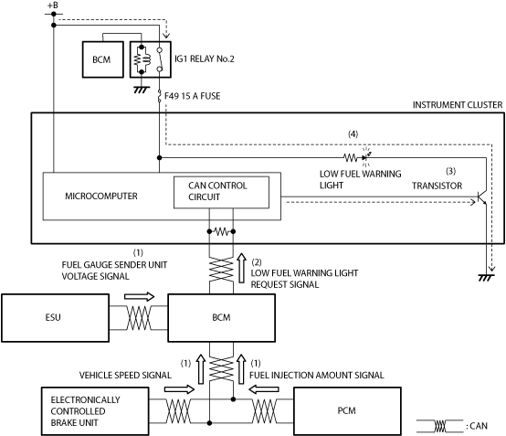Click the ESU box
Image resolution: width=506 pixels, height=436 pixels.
coord(55,317)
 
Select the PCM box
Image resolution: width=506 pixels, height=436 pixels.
coord(347,410)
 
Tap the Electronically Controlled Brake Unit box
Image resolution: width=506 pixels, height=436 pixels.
coord(95,411)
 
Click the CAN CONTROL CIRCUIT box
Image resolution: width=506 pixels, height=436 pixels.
coord(221,192)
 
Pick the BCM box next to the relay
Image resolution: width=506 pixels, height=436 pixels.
coord(103,59)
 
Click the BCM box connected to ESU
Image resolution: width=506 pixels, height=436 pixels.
coord(221,317)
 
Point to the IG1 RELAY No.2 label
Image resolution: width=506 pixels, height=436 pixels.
coord(205,59)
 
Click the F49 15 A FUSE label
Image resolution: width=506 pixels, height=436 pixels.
coord(193,96)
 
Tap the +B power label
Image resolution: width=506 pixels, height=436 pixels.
coord(53,5)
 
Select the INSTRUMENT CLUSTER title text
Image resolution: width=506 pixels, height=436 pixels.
coord(458,105)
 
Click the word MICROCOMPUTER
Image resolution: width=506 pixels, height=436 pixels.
coord(101,196)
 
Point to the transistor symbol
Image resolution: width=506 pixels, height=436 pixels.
coord(482,197)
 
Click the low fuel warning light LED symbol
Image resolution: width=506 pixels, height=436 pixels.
coord(365,157)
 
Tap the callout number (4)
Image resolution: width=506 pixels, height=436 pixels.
coord(353,134)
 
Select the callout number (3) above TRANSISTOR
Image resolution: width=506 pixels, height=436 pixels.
coord(451,171)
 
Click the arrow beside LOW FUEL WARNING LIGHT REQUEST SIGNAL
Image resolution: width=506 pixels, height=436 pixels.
coord(241,268)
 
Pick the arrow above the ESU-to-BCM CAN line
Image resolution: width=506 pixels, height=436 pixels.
coord(140,296)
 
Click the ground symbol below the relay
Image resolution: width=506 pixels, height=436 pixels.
coord(142,90)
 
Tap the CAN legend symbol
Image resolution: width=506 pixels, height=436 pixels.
coord(440,426)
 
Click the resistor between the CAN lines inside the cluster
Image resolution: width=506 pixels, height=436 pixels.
coord(221,231)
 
